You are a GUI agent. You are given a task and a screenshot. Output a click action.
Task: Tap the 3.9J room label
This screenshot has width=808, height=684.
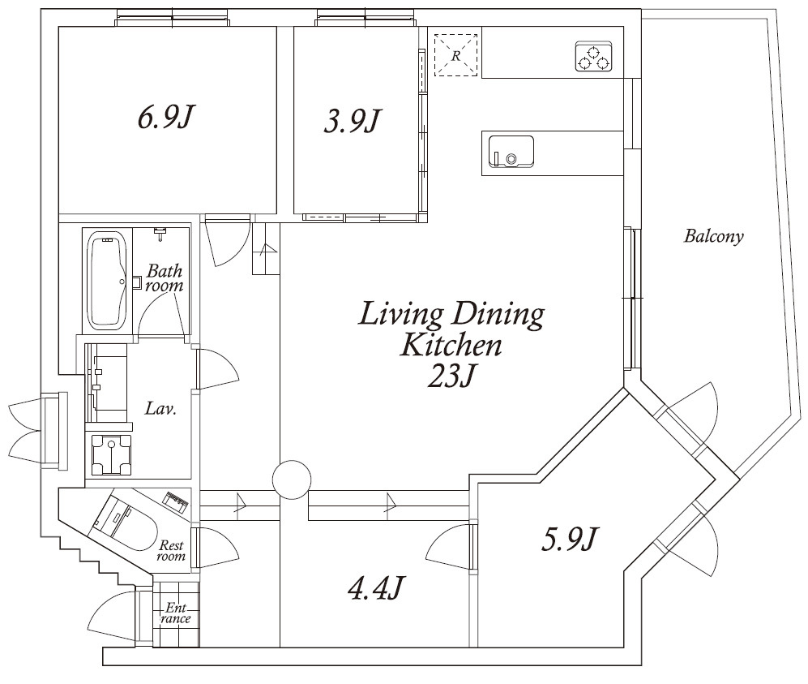[x=352, y=121]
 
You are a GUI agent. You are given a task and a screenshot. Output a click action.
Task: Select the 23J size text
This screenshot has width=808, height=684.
[x=450, y=376]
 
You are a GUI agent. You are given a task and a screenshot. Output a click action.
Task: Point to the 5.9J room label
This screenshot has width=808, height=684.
[x=569, y=539]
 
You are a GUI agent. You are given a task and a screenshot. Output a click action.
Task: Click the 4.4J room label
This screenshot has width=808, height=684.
[x=374, y=588]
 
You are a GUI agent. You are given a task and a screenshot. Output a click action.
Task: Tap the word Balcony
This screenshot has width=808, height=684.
[x=714, y=236]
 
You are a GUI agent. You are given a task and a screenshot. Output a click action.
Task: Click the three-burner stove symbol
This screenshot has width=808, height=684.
[x=593, y=56]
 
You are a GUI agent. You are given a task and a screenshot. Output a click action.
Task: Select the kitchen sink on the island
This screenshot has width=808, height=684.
[x=511, y=152]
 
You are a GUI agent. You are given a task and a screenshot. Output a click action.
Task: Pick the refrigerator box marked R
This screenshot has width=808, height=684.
[x=455, y=55]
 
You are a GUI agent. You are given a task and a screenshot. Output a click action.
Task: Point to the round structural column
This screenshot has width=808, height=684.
[x=292, y=480]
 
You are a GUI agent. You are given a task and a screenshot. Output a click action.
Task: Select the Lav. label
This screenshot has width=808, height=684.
[x=160, y=409]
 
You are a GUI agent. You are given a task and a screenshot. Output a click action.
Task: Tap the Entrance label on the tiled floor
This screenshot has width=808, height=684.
[x=175, y=613]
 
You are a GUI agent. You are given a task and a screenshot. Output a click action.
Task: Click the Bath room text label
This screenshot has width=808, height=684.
[x=165, y=278]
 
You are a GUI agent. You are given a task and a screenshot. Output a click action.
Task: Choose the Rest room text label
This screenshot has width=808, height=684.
[x=172, y=550]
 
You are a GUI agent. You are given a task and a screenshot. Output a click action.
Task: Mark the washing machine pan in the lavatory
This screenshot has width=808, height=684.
[x=111, y=454]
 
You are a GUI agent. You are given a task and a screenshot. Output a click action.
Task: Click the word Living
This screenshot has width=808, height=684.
[x=401, y=315]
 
